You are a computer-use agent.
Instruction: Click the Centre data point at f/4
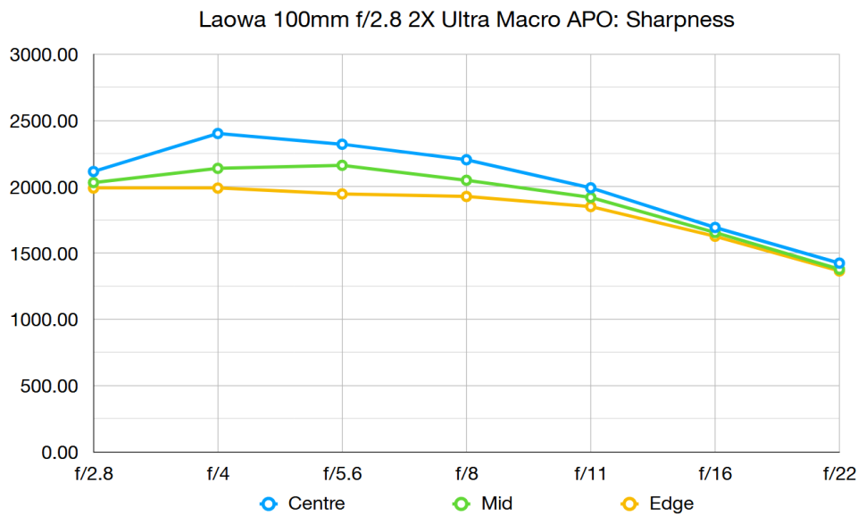pos(218,134)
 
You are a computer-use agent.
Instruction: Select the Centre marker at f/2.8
pos(94,171)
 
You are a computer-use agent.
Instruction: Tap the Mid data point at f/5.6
pos(342,165)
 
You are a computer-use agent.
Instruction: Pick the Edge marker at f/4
pos(218,187)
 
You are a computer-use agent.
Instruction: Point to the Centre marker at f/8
pos(466,160)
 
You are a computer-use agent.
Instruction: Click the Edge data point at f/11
pos(590,206)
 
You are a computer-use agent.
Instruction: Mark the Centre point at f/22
pos(838,263)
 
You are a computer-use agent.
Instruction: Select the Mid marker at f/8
pos(466,180)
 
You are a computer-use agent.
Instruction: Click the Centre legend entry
pos(303,503)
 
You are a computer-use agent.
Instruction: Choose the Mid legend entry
pos(486,503)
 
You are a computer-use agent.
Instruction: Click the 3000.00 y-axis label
pos(45,55)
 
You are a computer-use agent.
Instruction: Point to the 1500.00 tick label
pos(45,254)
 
